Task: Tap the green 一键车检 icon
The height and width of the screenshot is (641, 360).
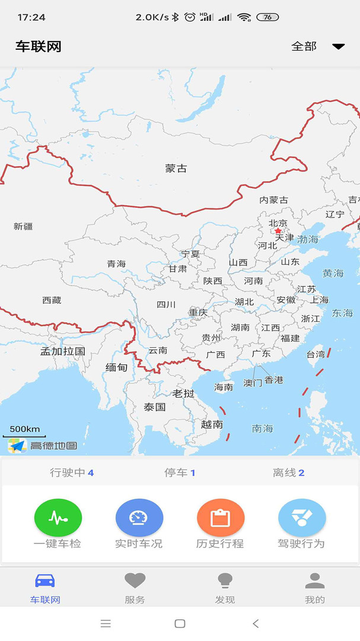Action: (58, 518)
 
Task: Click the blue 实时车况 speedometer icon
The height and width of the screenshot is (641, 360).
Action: (139, 518)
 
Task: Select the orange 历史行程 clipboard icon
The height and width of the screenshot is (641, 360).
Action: (220, 518)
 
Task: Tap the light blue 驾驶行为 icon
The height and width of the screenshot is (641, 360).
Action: (302, 518)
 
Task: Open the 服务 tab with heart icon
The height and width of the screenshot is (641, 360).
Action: (135, 587)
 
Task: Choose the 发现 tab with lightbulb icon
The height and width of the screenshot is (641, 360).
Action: (225, 587)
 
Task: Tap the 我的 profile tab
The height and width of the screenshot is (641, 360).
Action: (315, 587)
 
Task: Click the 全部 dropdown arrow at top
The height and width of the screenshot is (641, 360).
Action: (338, 46)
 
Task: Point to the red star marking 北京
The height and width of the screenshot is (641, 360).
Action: (278, 231)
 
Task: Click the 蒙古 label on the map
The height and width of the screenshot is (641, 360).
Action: (176, 169)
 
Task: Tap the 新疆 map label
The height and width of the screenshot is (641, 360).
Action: (23, 226)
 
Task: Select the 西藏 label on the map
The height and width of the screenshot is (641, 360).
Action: (52, 300)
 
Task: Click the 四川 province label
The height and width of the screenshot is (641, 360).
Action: (166, 304)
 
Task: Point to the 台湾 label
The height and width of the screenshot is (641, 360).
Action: (316, 354)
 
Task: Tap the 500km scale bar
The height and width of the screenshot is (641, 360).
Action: (24, 431)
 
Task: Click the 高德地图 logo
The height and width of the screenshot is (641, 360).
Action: (43, 445)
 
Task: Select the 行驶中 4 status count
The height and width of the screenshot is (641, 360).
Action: (72, 472)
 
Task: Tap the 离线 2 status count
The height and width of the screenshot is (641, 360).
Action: (289, 472)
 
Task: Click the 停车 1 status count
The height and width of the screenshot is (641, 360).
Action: (180, 472)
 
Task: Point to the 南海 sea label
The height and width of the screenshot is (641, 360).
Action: (263, 428)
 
